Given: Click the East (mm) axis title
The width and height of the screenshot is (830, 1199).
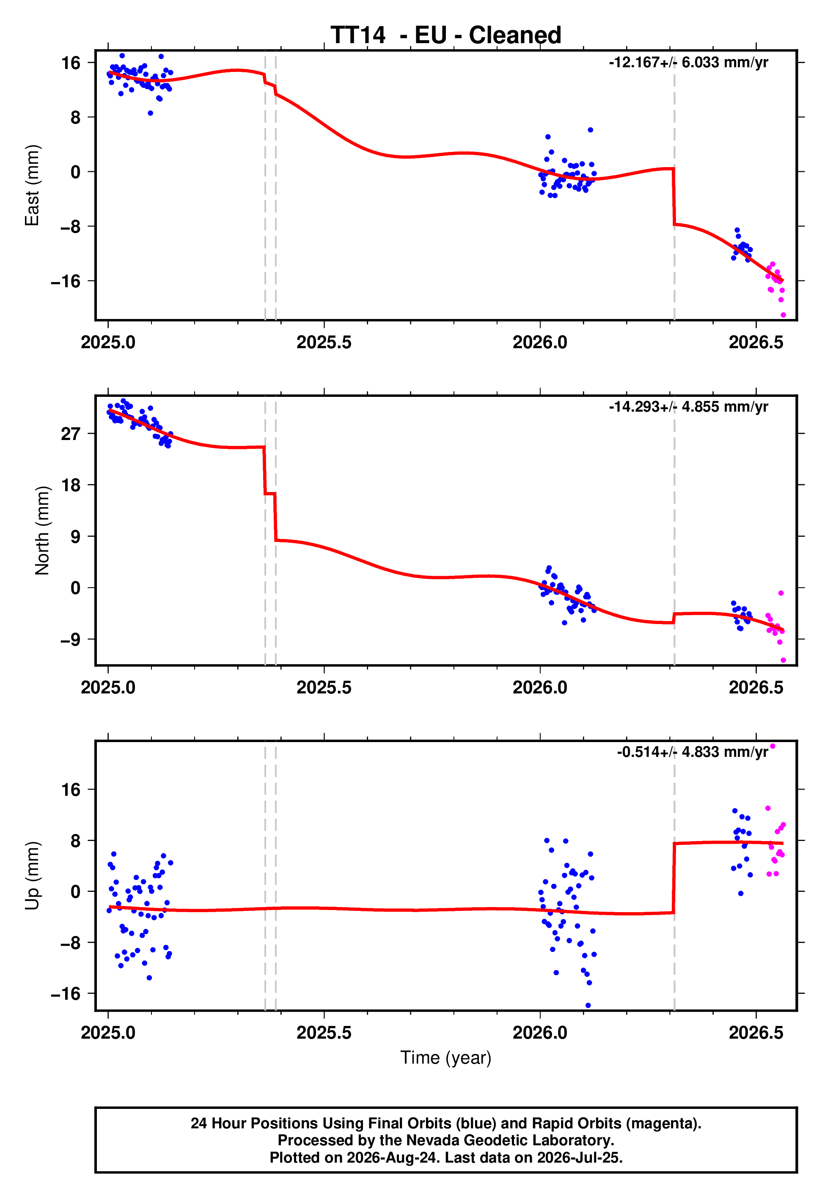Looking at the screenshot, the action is [x=32, y=185].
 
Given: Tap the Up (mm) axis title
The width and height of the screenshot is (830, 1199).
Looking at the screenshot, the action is [x=32, y=876].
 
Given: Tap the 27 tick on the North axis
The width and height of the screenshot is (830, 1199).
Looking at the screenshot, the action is [x=71, y=433].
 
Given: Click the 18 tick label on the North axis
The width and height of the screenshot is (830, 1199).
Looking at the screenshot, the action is [x=71, y=484].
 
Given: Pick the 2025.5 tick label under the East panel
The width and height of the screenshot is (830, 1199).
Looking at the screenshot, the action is [x=324, y=342].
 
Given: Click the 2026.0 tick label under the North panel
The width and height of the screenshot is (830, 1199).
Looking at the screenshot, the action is [x=540, y=687].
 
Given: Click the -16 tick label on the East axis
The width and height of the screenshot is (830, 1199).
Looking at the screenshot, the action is [x=66, y=281].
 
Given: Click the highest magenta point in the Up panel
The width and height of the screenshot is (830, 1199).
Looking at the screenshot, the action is [x=772, y=746].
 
